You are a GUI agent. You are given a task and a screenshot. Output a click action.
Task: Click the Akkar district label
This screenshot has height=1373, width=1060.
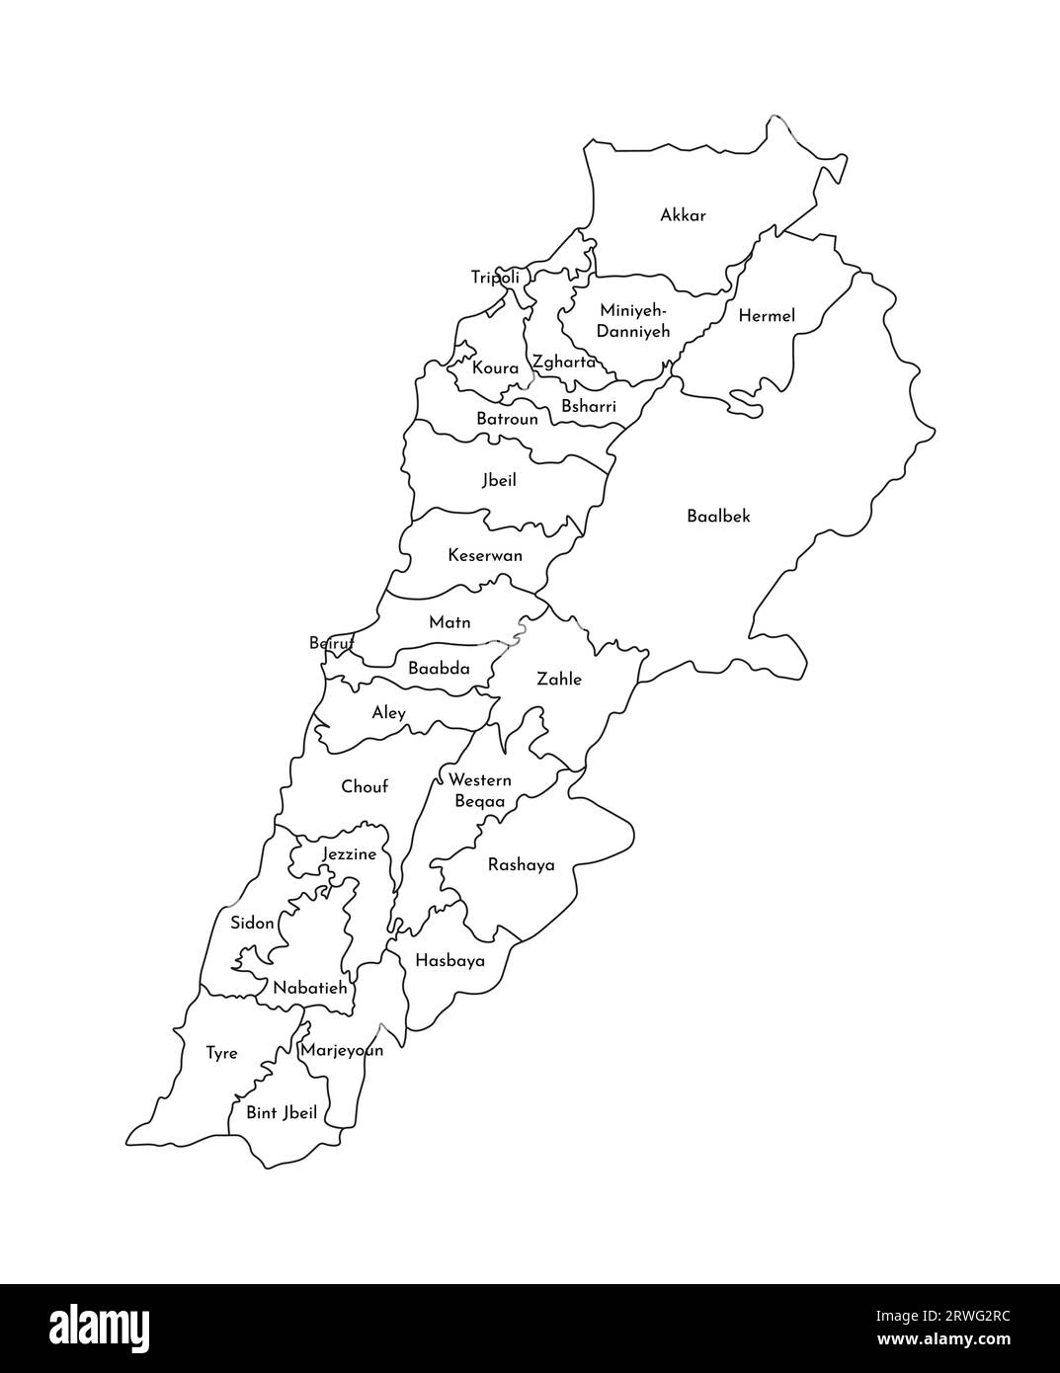click(683, 215)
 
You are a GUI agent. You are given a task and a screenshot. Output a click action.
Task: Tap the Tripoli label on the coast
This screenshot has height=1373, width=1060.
click(495, 278)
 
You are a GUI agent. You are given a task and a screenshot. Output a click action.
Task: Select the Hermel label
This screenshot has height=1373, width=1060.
click(767, 316)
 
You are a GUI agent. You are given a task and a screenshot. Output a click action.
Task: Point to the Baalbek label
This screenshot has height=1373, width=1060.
click(718, 516)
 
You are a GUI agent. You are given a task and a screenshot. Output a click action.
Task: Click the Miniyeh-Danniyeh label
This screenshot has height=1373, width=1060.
click(634, 320)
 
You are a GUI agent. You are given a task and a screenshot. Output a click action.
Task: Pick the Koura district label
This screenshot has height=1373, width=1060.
click(495, 368)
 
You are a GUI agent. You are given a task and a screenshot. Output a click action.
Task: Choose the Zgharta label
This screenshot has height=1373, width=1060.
click(564, 363)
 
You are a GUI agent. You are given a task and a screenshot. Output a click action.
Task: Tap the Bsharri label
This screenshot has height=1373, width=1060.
click(589, 406)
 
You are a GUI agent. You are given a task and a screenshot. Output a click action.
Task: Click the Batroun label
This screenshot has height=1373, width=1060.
click(507, 419)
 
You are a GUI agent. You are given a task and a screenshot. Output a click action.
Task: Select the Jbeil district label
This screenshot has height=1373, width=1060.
click(499, 481)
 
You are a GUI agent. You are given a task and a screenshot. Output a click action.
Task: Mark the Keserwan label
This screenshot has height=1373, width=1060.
click(485, 555)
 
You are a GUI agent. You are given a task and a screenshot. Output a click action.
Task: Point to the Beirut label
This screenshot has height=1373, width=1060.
click(332, 643)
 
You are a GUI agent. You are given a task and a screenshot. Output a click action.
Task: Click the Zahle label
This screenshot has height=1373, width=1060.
click(559, 680)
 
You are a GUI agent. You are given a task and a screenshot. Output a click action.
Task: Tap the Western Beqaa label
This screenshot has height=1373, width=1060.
click(480, 790)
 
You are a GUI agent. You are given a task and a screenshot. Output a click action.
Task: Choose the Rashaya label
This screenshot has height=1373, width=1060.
click(522, 865)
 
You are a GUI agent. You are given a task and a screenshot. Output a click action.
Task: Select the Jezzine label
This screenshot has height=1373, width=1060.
click(350, 854)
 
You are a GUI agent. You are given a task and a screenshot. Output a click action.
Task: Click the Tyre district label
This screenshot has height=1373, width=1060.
click(221, 1053)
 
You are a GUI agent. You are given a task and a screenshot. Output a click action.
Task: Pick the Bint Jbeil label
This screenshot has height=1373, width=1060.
click(282, 1113)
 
